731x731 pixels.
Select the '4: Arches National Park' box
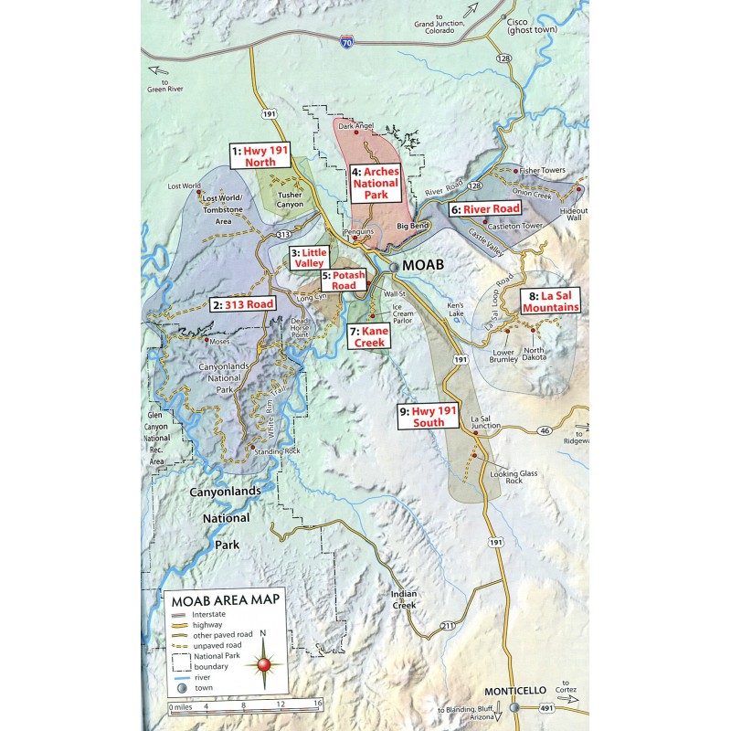tap(376, 183)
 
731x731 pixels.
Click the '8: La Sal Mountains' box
tap(548, 302)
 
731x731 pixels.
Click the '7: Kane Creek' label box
tap(369, 336)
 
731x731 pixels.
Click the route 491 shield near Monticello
tap(545, 705)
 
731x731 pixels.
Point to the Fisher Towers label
tap(542, 171)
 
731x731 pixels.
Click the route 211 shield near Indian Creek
tap(445, 626)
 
